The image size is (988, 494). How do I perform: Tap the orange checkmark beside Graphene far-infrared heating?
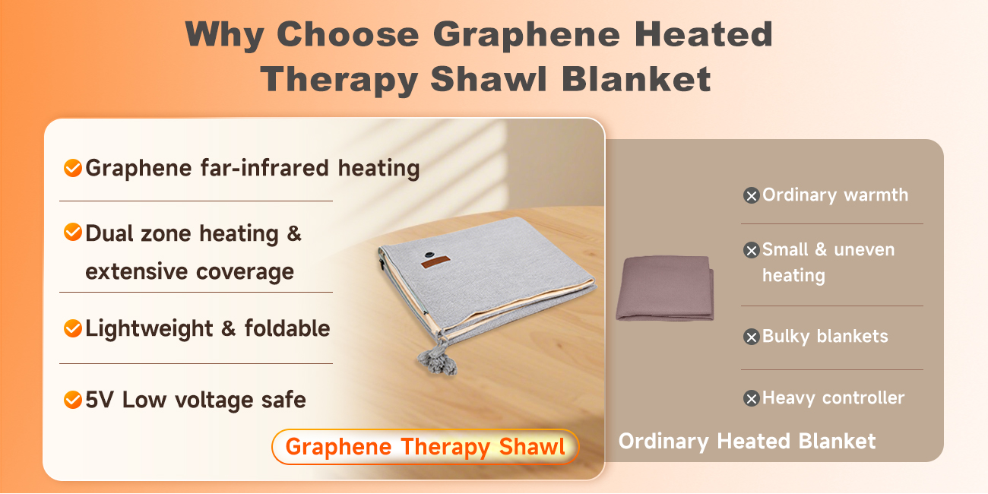point(73,168)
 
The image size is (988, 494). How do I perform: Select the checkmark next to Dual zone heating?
point(73,233)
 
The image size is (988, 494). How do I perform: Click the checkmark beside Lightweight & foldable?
point(73,328)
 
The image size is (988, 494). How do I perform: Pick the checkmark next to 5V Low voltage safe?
point(73,399)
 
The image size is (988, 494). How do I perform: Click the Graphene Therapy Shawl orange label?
point(426,447)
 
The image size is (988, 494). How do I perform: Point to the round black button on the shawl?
point(430,255)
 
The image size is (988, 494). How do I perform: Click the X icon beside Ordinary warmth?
point(751,196)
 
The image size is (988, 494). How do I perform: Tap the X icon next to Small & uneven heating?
point(751,250)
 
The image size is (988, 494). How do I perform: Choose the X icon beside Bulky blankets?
point(751,337)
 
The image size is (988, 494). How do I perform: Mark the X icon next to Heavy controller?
point(751,398)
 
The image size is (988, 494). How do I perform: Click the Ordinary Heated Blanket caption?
point(747,441)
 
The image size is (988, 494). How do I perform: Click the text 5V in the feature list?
point(100,399)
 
